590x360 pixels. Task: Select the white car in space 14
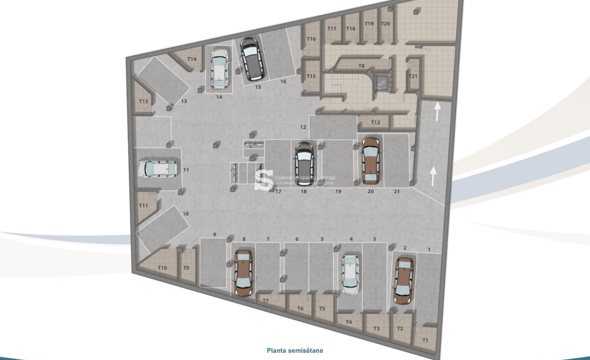click(219, 69)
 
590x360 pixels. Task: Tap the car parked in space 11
click(157, 169)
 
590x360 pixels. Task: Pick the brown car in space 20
click(371, 160)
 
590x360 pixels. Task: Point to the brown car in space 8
click(243, 273)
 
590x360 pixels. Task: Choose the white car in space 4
click(350, 275)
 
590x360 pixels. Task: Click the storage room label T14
click(192, 59)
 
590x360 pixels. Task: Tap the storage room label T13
click(143, 101)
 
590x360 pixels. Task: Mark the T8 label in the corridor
click(362, 66)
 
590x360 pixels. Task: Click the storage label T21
click(413, 76)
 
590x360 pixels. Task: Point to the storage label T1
click(425, 340)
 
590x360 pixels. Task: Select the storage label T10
click(162, 268)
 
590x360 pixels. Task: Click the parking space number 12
click(303, 127)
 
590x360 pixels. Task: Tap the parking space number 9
click(214, 235)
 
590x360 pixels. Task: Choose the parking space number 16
click(283, 82)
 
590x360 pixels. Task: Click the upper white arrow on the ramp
click(437, 111)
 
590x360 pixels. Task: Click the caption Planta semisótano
click(295, 351)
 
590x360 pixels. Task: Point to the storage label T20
click(385, 24)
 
